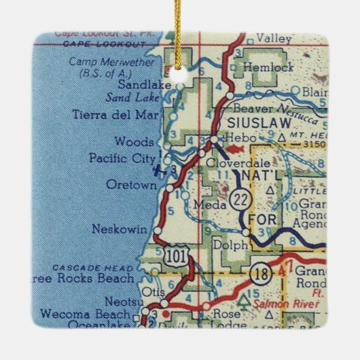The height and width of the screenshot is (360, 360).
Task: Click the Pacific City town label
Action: (x=117, y=158)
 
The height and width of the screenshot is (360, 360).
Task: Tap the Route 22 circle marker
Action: (x=238, y=199)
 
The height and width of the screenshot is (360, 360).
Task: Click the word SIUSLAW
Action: (x=257, y=123)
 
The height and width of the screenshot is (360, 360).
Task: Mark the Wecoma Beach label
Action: (x=85, y=314)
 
